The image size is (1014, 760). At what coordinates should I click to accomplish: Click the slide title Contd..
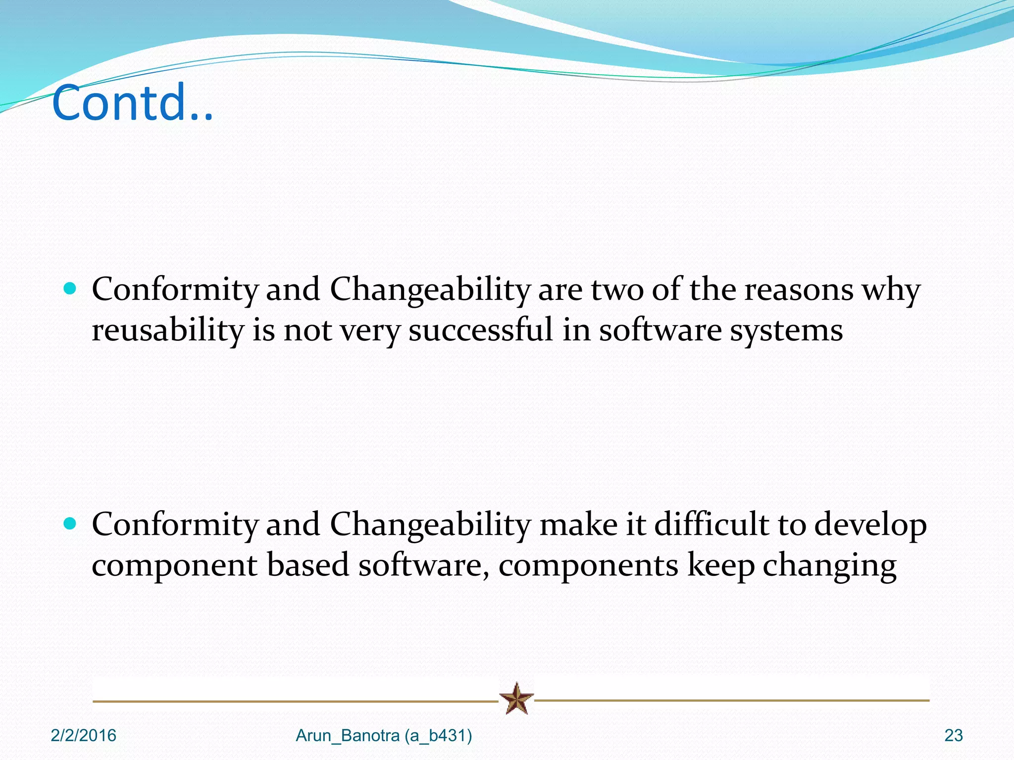(133, 103)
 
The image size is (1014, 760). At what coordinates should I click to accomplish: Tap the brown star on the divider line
(516, 698)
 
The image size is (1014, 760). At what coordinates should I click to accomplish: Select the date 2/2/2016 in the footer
(83, 736)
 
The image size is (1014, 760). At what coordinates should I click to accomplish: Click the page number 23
(953, 736)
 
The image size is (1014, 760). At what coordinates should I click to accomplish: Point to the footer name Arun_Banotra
(348, 736)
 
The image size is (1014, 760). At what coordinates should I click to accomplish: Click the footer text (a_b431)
(438, 736)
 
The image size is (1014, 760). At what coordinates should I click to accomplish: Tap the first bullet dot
(70, 288)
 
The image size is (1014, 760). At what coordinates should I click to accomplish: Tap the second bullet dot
(70, 523)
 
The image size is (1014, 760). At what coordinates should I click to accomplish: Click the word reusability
(167, 331)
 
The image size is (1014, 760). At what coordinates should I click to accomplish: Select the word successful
(480, 330)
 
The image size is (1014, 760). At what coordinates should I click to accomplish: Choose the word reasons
(799, 290)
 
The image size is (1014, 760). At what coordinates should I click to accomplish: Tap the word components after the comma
(588, 566)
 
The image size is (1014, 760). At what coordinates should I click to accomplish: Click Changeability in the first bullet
(430, 290)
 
